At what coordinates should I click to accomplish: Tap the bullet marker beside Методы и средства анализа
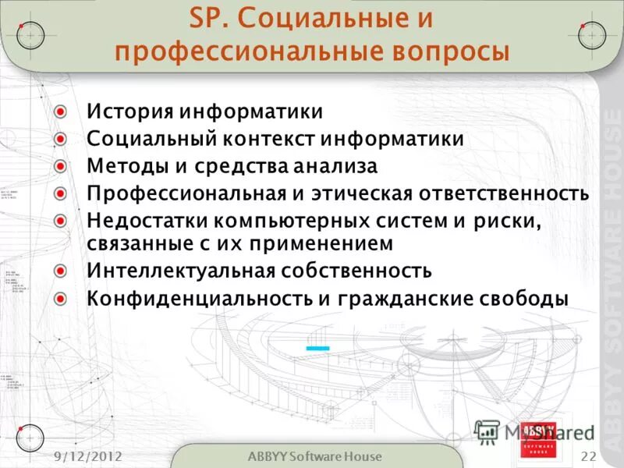pos(62,165)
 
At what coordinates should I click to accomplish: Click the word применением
pos(323,243)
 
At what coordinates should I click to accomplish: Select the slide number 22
pos(588,456)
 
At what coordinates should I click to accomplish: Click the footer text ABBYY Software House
pos(314,456)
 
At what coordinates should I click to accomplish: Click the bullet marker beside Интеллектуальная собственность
pos(62,271)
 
